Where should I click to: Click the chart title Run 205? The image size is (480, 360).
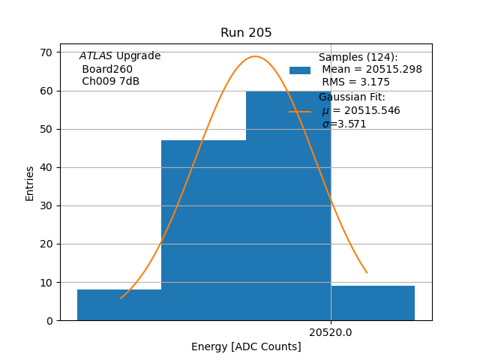246,33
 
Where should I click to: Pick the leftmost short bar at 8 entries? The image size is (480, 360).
119,305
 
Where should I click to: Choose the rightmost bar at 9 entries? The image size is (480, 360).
373,303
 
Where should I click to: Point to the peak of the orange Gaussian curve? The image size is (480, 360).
255,56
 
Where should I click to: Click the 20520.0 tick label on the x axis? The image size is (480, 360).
330,332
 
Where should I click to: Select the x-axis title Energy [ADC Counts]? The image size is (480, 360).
246,346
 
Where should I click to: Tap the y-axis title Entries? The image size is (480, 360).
30,183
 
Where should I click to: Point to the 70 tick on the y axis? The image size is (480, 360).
46,52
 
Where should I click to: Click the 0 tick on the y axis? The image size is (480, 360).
49,321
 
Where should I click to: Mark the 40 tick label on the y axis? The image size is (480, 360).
46,167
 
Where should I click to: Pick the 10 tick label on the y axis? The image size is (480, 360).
46,283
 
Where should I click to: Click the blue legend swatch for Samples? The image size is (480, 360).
300,70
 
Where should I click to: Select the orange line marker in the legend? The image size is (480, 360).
300,111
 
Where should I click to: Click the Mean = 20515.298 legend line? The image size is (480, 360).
371,70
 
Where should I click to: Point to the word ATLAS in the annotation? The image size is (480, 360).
95,56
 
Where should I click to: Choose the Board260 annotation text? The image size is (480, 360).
107,69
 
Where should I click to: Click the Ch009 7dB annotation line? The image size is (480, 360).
110,82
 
